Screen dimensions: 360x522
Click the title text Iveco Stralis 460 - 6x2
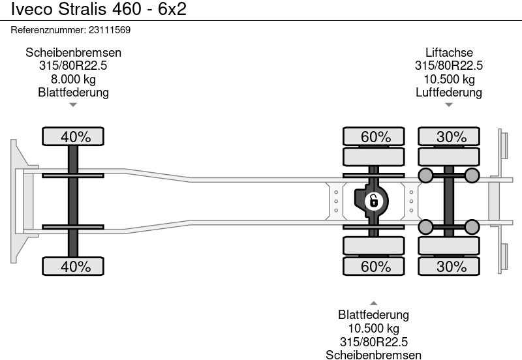pyautogui.click(x=94, y=12)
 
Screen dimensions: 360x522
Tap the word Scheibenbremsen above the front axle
pyautogui.click(x=73, y=53)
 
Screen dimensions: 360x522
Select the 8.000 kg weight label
pyautogui.click(x=73, y=79)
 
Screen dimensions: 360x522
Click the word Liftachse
pyautogui.click(x=449, y=53)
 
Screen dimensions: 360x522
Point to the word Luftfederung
pyautogui.click(x=449, y=92)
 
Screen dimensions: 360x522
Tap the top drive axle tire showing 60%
pyautogui.click(x=376, y=137)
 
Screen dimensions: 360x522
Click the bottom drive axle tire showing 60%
pyautogui.click(x=376, y=266)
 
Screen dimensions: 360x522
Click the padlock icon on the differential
pyautogui.click(x=374, y=201)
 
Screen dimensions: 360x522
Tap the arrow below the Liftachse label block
pyautogui.click(x=449, y=104)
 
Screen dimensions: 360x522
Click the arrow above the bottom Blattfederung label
pyautogui.click(x=373, y=303)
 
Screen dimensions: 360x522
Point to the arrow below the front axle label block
pyautogui.click(x=73, y=104)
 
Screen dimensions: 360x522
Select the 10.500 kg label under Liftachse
pyautogui.click(x=449, y=79)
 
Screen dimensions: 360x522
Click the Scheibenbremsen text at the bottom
pyautogui.click(x=373, y=355)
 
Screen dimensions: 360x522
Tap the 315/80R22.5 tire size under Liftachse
pyautogui.click(x=449, y=66)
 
